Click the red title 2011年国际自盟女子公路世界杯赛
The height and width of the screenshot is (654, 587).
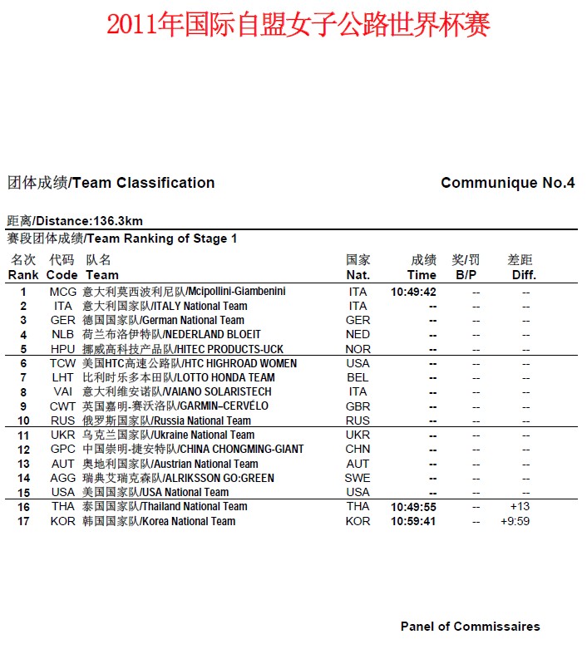tap(298, 25)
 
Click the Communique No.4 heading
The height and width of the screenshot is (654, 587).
tap(507, 183)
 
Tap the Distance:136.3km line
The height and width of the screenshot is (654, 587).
tap(75, 221)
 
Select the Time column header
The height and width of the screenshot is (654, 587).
tap(422, 275)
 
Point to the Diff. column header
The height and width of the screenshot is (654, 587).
tap(524, 275)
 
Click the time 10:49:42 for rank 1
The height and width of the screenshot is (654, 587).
tap(413, 292)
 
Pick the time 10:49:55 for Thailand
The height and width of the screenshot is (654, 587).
tap(413, 507)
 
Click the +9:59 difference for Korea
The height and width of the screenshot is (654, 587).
tap(515, 521)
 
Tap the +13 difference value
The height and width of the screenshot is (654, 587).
tap(520, 507)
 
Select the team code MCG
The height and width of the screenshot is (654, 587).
tap(62, 292)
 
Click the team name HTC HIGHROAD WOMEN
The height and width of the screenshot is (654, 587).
tap(240, 363)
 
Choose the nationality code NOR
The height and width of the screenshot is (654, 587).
tap(358, 349)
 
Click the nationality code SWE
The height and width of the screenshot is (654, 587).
tap(358, 478)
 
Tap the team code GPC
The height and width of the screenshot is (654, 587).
tap(62, 450)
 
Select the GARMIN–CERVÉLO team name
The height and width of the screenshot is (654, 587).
tap(217, 406)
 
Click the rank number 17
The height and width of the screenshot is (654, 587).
tap(23, 521)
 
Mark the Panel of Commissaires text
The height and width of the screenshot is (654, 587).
tap(470, 627)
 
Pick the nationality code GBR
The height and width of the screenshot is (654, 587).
tap(358, 406)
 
